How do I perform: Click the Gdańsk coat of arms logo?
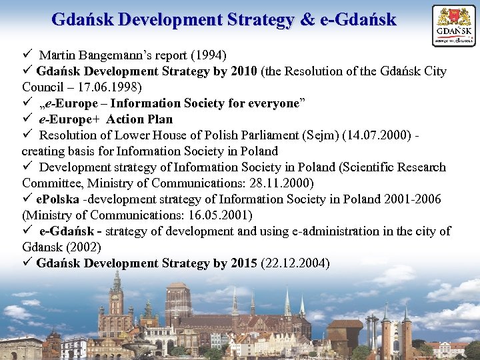454,25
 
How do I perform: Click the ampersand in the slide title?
308,19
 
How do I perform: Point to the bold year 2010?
245,71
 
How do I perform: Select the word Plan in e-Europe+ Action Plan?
159,119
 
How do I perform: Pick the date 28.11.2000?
289,183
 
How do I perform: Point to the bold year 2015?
244,263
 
